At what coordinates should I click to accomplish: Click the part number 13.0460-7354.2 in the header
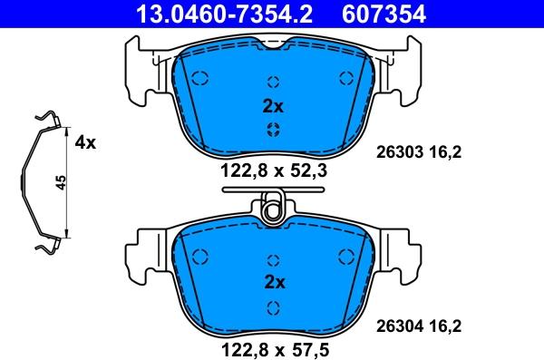[x=225, y=15]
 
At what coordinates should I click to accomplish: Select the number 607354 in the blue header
[x=384, y=15]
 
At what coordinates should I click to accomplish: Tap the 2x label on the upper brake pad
[x=273, y=107]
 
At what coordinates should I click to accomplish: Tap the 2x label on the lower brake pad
[x=275, y=282]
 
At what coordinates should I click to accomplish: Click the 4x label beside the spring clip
[x=85, y=142]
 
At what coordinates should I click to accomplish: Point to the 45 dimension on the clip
[x=61, y=182]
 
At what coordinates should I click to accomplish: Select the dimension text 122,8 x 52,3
[x=274, y=170]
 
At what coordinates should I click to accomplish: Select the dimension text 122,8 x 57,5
[x=275, y=350]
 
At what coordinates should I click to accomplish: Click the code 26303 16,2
[x=419, y=152]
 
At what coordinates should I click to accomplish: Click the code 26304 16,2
[x=419, y=326]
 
